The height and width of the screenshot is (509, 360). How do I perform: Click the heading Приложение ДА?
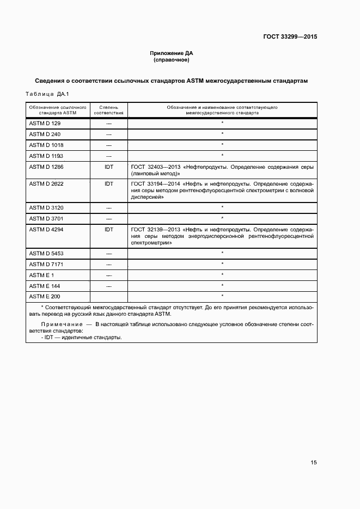(x=172, y=53)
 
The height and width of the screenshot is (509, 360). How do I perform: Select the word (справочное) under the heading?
(x=172, y=60)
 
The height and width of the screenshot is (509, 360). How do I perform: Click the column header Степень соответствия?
(x=109, y=111)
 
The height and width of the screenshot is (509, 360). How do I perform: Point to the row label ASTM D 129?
(x=45, y=124)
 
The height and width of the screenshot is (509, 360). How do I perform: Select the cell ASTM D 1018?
(x=46, y=145)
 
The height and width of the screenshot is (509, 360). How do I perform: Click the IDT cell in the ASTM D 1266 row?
(x=109, y=167)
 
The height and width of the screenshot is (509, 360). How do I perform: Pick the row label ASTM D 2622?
(x=46, y=184)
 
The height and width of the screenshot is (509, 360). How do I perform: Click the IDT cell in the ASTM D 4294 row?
(x=109, y=230)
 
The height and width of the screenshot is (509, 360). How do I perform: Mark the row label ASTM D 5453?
(x=46, y=253)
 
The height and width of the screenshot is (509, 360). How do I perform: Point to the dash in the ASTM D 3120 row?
(x=109, y=208)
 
